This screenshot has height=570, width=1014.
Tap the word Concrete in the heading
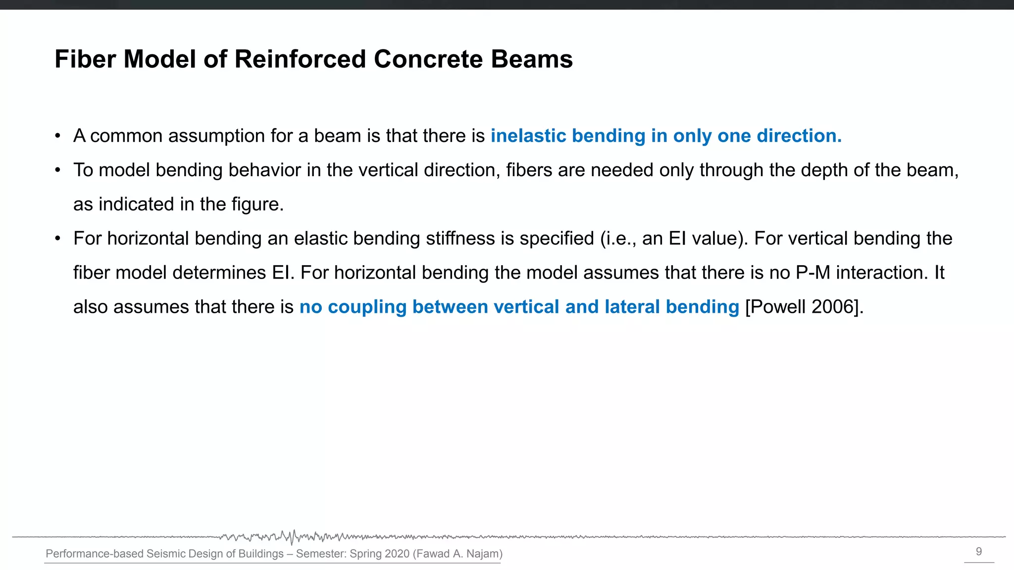point(428,59)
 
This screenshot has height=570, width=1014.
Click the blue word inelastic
point(528,136)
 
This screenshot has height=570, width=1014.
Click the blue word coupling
point(367,307)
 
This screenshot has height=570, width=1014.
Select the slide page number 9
point(979,552)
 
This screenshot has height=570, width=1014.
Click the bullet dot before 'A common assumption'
point(58,136)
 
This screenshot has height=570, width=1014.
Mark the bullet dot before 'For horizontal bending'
point(58,238)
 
